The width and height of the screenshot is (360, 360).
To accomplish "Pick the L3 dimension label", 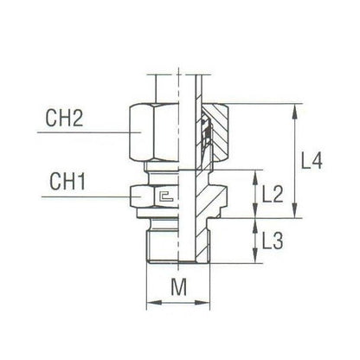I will click(273, 243).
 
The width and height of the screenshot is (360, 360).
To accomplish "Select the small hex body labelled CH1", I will click(147, 198).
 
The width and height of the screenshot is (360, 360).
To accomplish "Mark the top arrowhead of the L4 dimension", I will click(298, 108).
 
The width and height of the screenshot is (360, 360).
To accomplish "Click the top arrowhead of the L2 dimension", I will click(254, 174).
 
